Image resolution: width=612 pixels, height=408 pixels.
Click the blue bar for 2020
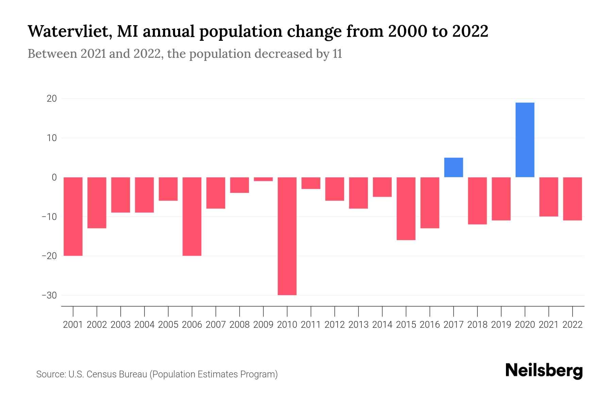click(x=525, y=140)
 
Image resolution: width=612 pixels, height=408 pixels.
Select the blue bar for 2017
click(x=454, y=167)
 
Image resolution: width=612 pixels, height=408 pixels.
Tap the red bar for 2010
click(x=287, y=236)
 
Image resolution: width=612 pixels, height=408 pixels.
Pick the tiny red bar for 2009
click(x=263, y=179)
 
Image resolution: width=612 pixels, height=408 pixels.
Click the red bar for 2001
click(x=73, y=216)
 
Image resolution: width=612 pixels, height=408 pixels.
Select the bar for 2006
click(x=192, y=216)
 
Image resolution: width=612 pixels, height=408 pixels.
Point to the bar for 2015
click(x=406, y=208)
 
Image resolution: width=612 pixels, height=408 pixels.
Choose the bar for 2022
click(x=573, y=199)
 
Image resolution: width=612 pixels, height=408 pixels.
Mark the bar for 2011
click(x=311, y=183)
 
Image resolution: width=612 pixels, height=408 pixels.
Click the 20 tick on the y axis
click(x=52, y=99)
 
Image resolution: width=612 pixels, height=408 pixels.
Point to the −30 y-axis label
click(x=49, y=295)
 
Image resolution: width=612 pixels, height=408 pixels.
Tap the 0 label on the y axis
click(x=54, y=177)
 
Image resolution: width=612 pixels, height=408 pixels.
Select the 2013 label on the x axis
click(x=358, y=325)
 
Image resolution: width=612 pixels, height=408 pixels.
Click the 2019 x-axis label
click(x=501, y=325)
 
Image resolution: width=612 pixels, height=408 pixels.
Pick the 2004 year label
click(x=144, y=325)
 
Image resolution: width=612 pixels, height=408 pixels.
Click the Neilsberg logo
click(x=544, y=371)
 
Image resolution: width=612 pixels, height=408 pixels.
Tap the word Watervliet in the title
click(x=69, y=32)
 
